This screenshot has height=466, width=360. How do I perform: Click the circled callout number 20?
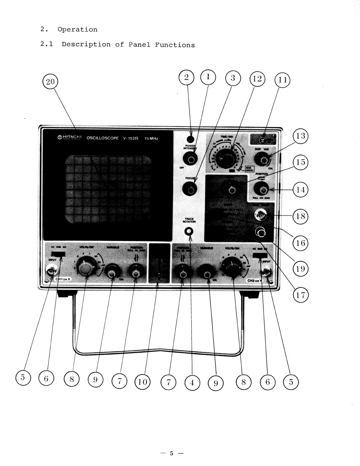pos(50,82)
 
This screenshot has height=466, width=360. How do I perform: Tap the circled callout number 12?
pos(257,79)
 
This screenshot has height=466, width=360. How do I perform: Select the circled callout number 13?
pos(300,136)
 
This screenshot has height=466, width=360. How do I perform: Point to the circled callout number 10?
pos(142,382)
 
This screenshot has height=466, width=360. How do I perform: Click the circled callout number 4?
pos(192,383)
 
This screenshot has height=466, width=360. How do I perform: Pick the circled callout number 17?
pos(300,295)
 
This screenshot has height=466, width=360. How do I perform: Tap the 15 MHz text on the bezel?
pos(151,139)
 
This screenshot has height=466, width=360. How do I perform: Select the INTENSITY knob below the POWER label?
pos(190,159)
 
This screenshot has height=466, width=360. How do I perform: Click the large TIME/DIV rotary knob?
pos(224,159)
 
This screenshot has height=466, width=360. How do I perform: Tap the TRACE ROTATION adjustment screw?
pos(189,231)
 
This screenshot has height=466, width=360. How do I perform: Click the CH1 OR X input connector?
pos(51,271)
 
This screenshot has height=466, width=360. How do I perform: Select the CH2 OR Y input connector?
pos(265,271)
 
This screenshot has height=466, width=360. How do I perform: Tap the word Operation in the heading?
pos(77,30)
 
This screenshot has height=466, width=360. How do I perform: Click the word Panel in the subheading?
pos(139,45)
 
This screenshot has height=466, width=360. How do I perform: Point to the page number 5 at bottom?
pos(172,453)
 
